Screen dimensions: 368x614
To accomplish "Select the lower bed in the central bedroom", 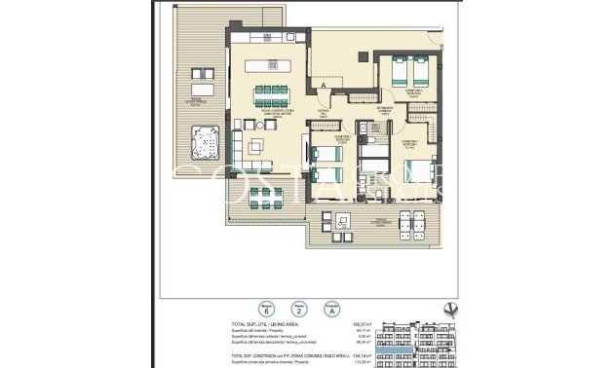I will click(323, 175).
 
